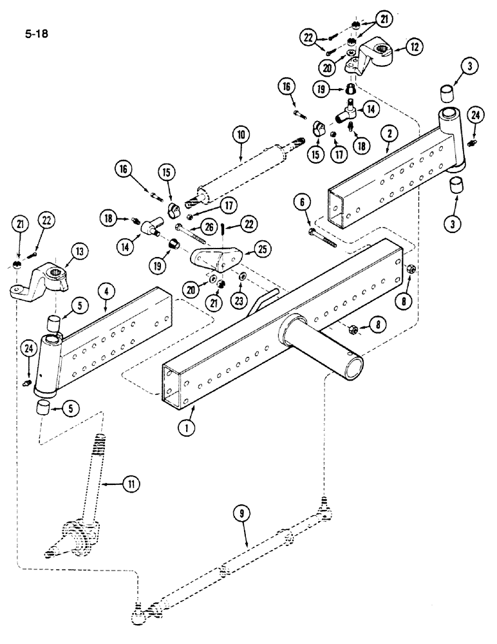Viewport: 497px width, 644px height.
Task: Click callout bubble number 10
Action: [x=241, y=135]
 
